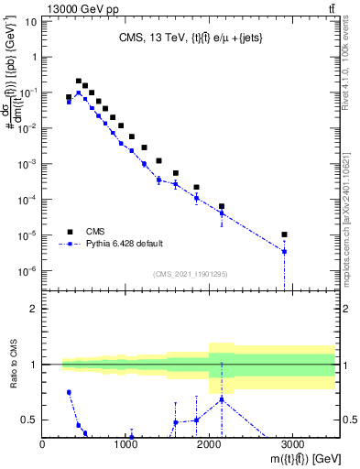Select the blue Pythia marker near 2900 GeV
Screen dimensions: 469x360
tap(285, 251)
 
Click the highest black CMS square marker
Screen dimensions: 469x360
tap(78, 82)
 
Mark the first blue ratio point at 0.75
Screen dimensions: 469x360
tap(69, 392)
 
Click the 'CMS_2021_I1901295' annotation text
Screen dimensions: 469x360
tap(190, 274)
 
